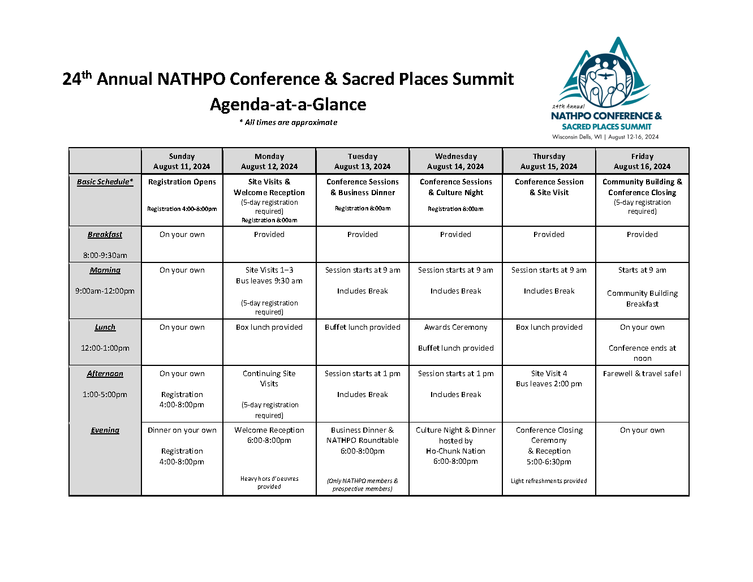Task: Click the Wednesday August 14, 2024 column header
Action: tap(455, 161)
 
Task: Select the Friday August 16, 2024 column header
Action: tap(642, 161)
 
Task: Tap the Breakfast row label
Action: tap(105, 235)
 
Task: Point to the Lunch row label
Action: tap(105, 327)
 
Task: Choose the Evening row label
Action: tap(105, 430)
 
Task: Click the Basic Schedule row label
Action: tap(105, 182)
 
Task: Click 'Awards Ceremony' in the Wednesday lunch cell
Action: tap(455, 327)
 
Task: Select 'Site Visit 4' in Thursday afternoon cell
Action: tap(549, 374)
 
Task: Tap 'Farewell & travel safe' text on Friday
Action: tap(642, 374)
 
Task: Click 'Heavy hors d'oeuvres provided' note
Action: tap(269, 482)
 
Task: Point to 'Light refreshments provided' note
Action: tap(549, 481)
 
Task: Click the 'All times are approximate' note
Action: tap(289, 123)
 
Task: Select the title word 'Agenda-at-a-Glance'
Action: tap(288, 105)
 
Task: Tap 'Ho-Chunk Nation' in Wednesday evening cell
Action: tap(455, 451)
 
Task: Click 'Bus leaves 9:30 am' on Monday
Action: tap(269, 281)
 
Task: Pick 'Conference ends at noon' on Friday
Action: tap(642, 353)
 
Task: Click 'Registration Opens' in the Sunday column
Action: tap(182, 182)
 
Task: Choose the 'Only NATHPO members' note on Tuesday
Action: tap(363, 485)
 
